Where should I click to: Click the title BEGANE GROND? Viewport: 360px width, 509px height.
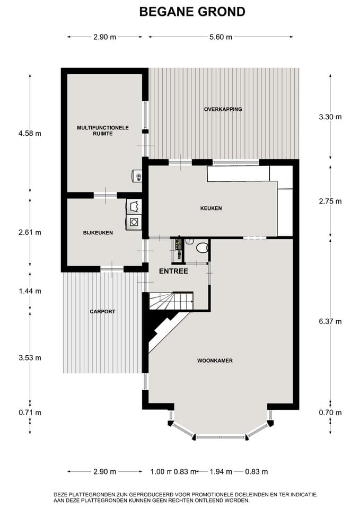point(192,12)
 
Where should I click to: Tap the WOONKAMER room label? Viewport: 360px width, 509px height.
point(215,361)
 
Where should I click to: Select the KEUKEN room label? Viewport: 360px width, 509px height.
point(212,208)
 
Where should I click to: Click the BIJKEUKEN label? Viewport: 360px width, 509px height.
point(98,233)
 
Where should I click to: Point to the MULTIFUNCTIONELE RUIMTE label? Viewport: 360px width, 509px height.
point(102,130)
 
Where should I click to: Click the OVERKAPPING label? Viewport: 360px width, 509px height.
point(223,109)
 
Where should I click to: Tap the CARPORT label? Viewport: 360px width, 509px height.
point(102,312)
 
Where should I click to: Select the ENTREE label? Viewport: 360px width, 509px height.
point(173,271)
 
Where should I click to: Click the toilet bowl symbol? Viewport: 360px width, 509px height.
point(201,247)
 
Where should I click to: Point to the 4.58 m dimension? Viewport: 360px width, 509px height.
point(30,134)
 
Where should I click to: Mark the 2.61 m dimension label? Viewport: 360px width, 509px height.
point(30,232)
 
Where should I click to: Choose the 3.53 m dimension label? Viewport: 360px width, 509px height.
point(30,358)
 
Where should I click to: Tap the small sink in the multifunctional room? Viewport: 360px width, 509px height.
point(137,176)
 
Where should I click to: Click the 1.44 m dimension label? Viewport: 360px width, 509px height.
point(30,291)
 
